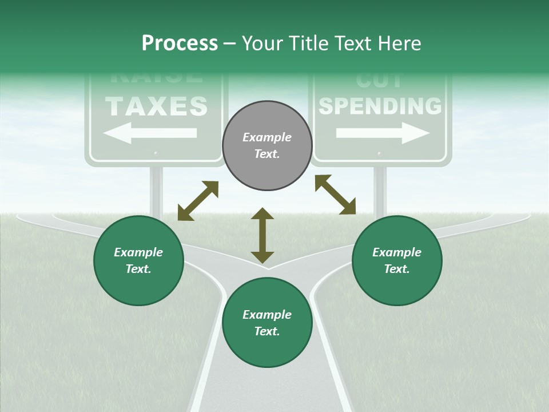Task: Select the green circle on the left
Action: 138,260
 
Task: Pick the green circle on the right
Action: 397,260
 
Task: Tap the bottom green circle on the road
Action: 267,323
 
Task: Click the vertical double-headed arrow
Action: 262,235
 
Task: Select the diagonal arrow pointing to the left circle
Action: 198,201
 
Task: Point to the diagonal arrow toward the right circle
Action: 335,195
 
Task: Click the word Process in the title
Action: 180,43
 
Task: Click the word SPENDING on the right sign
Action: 380,106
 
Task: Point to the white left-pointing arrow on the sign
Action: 150,133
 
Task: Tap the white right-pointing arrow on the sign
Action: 383,133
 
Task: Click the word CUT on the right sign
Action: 380,81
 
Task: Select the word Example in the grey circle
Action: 267,137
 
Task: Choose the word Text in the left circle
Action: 138,269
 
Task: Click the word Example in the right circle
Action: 397,252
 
